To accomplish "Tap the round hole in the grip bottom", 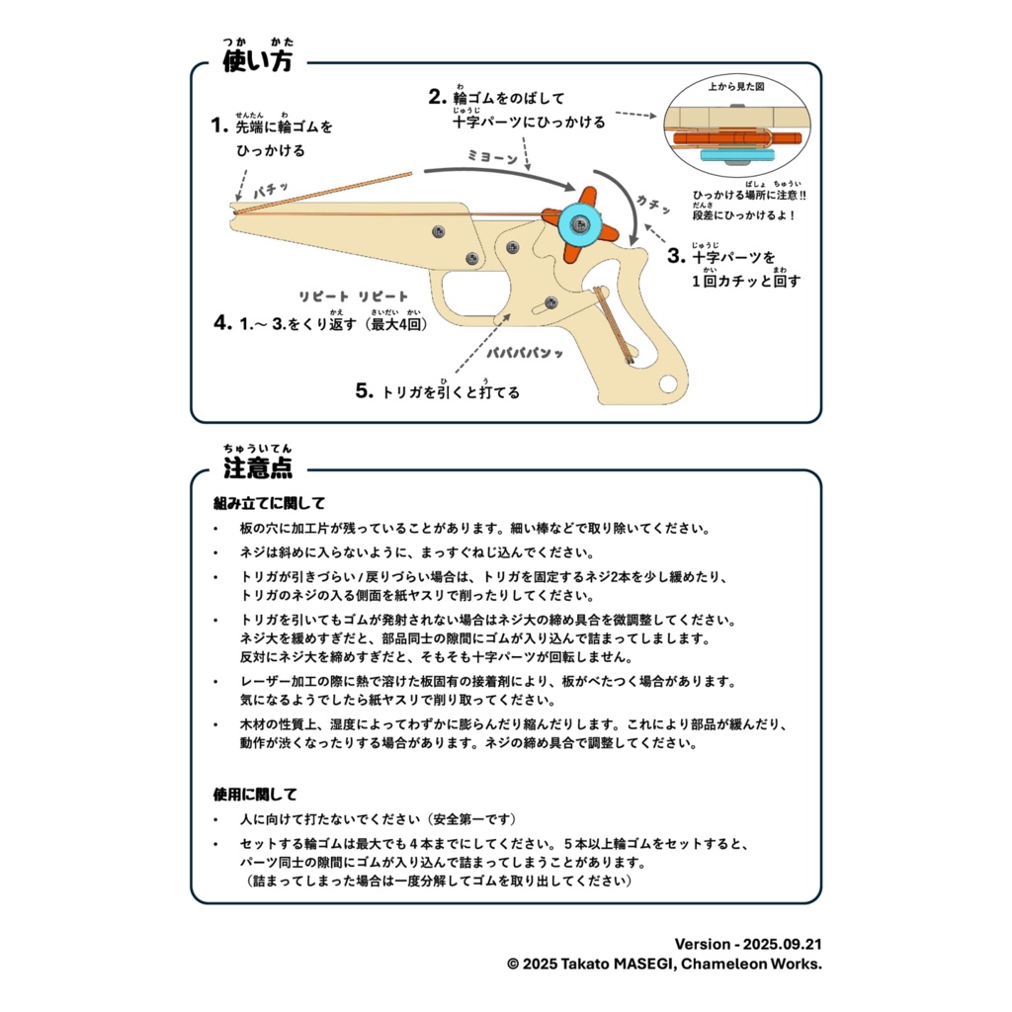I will [670, 382].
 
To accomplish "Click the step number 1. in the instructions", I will [219, 126].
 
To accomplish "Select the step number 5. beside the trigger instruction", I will [364, 391].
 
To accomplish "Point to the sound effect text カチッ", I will [653, 203].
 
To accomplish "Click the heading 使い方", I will [258, 62].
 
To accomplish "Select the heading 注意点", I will [258, 467].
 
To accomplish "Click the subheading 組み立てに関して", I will [269, 503].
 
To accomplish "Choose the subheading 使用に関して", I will [255, 794].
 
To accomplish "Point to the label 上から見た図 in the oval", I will [736, 87].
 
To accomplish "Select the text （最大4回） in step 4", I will [394, 323].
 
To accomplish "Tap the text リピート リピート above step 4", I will [353, 295].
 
